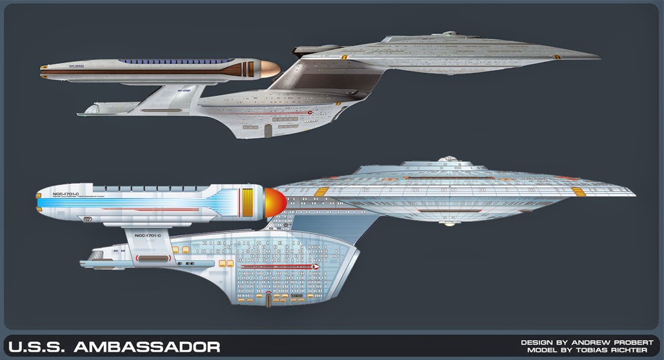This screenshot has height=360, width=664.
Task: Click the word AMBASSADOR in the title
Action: (x=147, y=348)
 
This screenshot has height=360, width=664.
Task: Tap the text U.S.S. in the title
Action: (x=37, y=348)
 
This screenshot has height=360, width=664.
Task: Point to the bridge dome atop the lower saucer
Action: (x=449, y=159)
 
